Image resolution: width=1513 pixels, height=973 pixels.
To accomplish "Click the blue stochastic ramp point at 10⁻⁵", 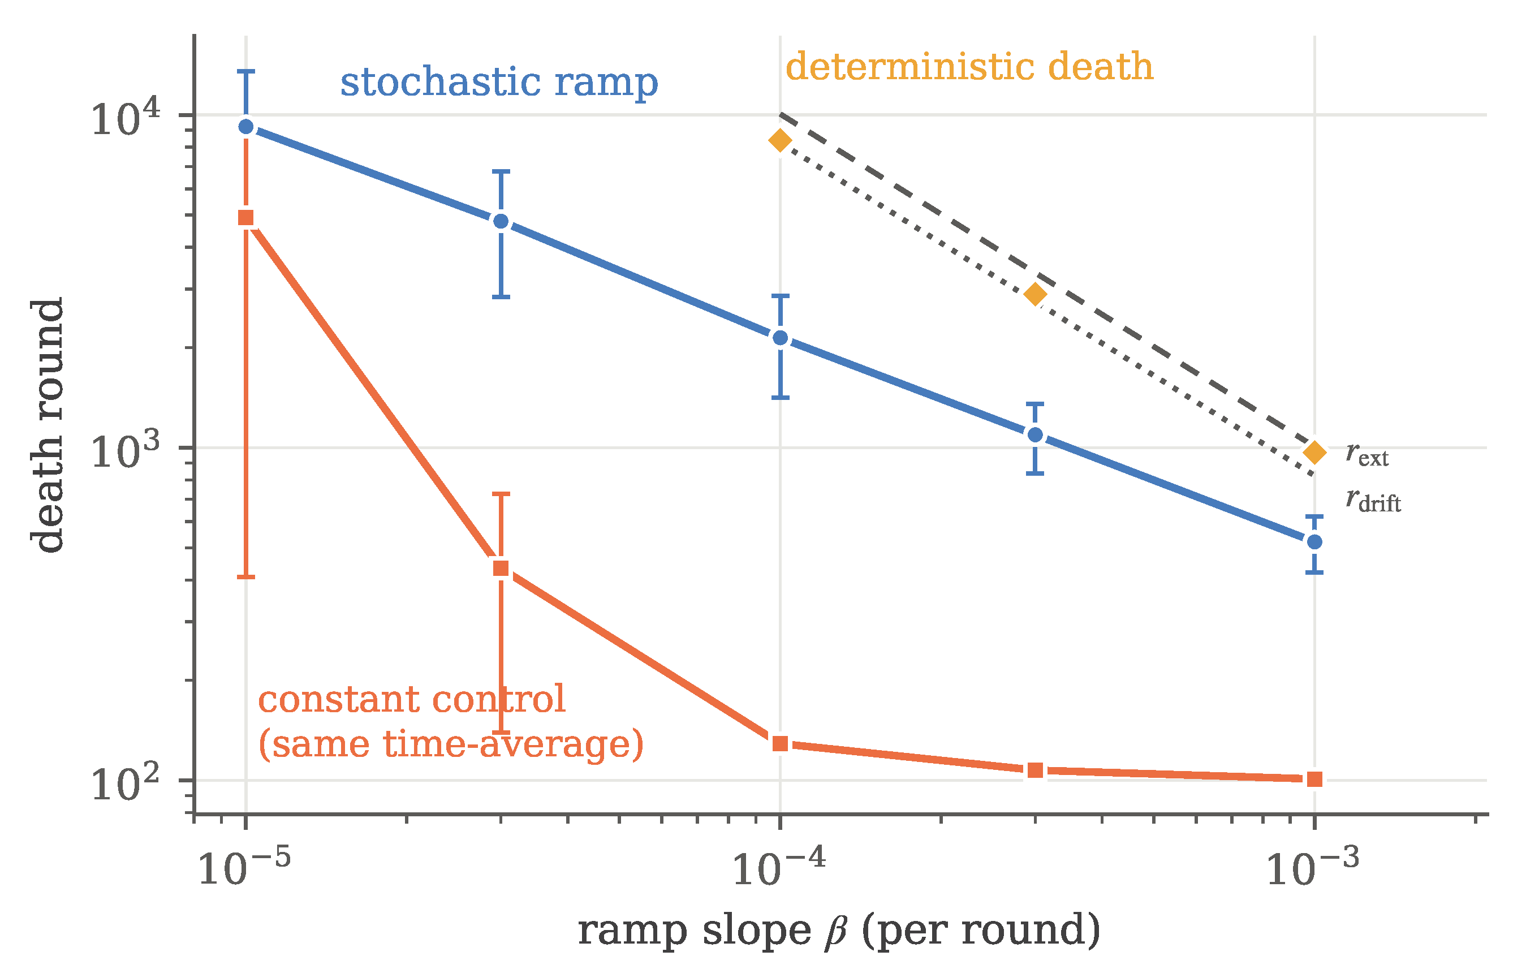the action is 247,127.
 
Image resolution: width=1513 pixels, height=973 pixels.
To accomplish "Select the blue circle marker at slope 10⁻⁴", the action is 781,338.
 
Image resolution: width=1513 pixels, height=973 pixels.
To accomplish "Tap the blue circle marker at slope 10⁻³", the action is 1314,542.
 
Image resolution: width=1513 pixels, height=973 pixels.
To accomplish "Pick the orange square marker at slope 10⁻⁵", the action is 247,218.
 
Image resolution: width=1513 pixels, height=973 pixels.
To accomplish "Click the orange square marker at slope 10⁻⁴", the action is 781,744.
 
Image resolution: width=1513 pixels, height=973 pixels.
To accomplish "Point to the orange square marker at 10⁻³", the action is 1314,779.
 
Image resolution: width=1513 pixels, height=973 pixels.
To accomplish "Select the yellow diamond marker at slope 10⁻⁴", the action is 781,140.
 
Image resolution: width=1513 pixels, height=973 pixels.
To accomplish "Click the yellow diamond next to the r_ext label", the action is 1314,453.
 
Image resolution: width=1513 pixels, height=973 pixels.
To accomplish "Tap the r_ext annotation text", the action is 1367,455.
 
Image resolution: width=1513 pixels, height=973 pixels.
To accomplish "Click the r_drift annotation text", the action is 1373,501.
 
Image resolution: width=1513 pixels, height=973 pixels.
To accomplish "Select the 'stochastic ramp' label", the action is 499,82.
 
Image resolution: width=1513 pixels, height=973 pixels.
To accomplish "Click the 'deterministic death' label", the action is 969,66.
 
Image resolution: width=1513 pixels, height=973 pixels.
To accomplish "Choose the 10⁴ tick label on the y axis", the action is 126,118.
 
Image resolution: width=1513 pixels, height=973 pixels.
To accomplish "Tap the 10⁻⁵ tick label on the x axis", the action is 244,867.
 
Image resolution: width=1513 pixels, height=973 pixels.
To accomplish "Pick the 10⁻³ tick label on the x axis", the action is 1313,867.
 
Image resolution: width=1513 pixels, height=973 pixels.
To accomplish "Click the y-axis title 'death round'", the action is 48,425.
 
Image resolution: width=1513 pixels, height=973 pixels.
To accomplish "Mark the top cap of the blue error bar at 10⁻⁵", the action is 247,71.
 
